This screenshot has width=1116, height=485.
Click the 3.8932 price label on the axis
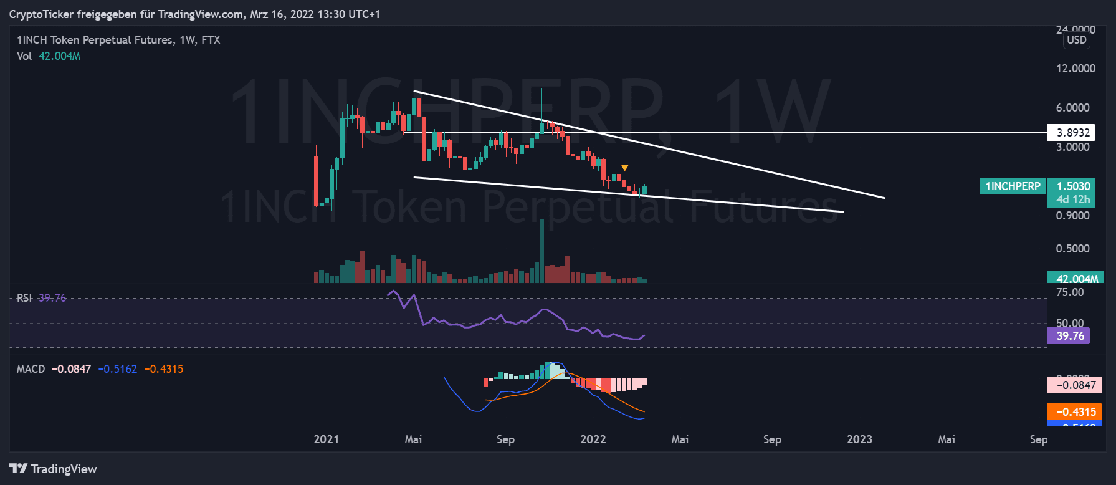1073,132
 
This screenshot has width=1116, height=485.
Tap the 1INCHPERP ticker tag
1013,186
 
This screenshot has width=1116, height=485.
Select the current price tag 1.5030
1073,186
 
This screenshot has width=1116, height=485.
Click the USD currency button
1076,40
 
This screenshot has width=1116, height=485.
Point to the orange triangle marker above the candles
624,168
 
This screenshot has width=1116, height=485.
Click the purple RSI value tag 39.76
1069,336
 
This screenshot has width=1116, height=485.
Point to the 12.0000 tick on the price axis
1075,69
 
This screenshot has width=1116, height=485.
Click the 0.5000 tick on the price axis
1072,249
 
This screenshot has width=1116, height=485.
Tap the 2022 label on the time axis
593,439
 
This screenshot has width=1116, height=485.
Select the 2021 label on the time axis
326,439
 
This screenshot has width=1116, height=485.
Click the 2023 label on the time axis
859,439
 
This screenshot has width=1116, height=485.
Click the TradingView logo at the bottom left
54,469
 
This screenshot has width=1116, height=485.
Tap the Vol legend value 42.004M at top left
59,56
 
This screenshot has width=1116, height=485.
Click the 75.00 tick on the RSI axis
1070,292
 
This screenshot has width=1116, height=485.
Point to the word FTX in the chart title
211,40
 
